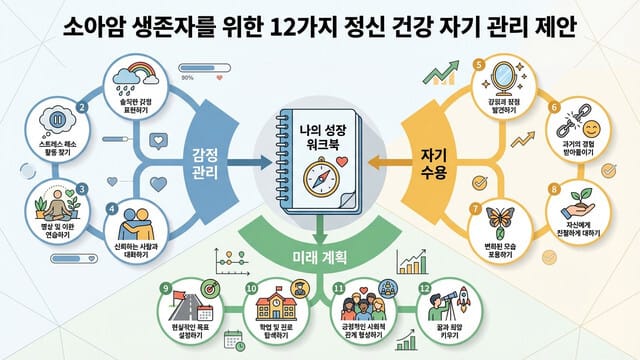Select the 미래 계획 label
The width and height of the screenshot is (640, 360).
(x=320, y=258)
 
